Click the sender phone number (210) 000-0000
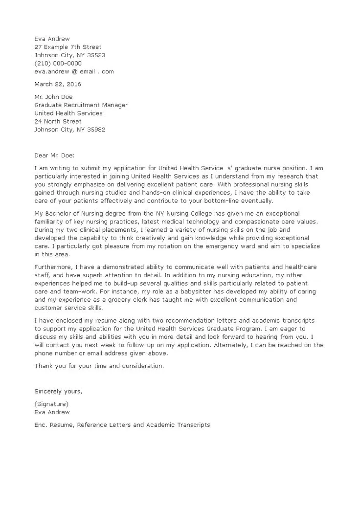58,63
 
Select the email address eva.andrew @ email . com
74,71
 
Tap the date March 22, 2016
58,84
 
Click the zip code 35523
95,55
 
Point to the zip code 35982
95,130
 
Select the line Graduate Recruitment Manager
81,105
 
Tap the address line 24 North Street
58,121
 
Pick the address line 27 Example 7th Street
68,47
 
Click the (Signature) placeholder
51,404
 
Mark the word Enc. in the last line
41,425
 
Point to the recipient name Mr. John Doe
53,97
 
